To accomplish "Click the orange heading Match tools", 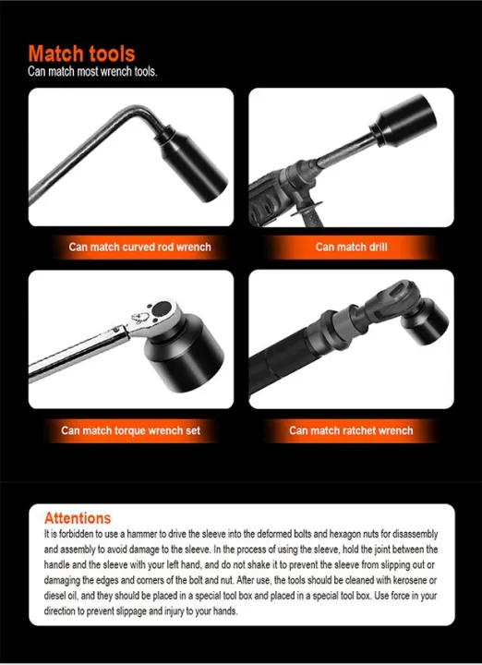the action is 81,54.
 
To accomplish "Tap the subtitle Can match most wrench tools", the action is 92,71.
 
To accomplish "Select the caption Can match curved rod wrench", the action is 139,247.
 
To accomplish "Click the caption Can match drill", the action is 351,247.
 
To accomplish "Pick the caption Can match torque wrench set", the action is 130,430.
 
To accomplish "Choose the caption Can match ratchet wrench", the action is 351,430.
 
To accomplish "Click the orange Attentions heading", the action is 78,518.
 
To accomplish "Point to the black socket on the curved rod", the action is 193,163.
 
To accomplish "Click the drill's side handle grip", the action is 312,209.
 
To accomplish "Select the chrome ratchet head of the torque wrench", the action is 153,316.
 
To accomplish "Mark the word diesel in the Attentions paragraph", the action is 55,595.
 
